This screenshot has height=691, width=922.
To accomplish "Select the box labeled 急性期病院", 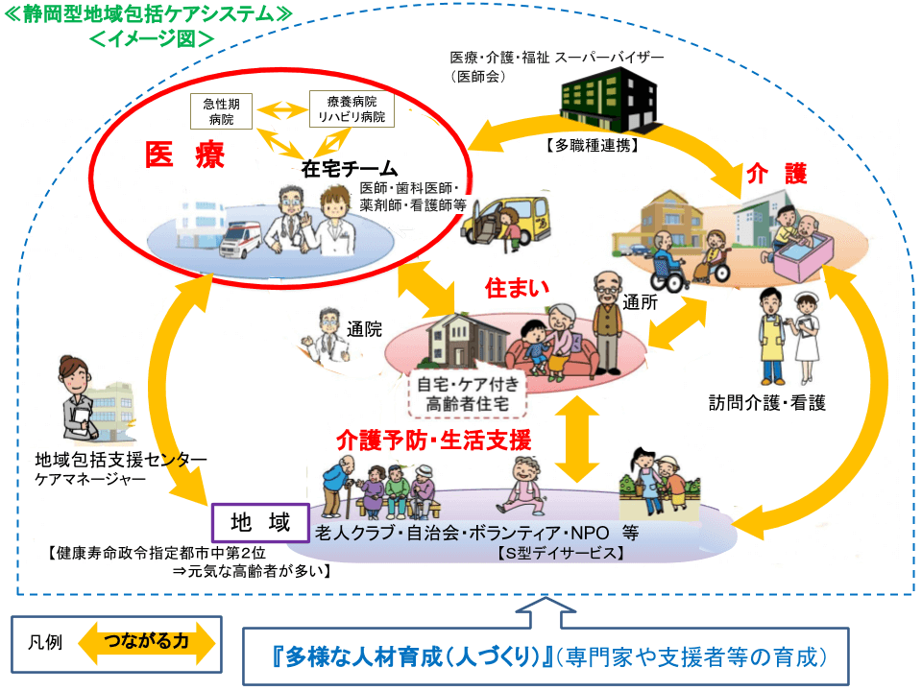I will (220, 110).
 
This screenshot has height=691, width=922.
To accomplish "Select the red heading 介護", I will (776, 174).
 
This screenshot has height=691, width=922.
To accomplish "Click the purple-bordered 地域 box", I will (259, 524).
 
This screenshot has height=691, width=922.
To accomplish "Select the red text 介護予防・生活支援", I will (433, 441).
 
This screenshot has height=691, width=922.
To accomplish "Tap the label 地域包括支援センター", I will (120, 459).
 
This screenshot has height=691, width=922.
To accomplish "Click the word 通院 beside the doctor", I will (363, 329).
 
